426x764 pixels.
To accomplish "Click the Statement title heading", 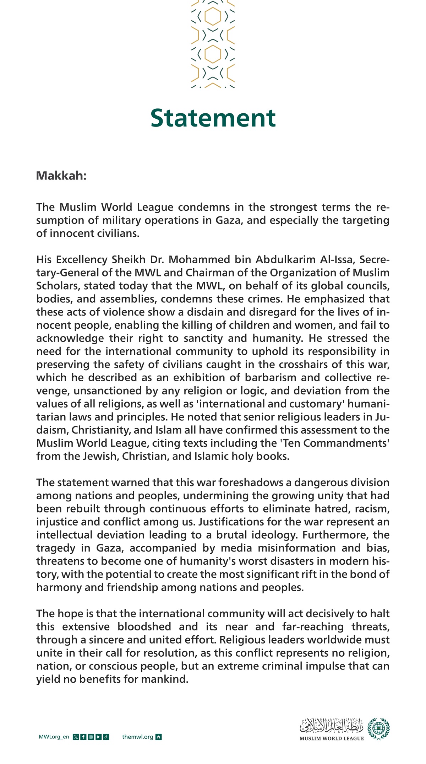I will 213,118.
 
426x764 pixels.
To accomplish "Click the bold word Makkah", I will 61,176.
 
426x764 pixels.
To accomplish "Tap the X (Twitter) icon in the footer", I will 76,737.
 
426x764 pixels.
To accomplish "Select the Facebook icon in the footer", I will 83,737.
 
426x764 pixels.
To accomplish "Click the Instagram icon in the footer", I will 91,737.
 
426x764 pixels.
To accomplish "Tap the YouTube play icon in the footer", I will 98,737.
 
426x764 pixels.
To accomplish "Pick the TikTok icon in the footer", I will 106,737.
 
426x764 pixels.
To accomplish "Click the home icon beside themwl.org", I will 159,737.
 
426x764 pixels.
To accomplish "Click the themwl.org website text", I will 137,737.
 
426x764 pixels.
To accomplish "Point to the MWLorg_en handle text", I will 54,737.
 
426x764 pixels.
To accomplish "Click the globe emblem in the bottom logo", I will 378,728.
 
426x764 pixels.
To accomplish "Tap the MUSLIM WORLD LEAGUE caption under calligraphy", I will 332,738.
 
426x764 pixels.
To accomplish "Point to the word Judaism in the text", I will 53,430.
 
